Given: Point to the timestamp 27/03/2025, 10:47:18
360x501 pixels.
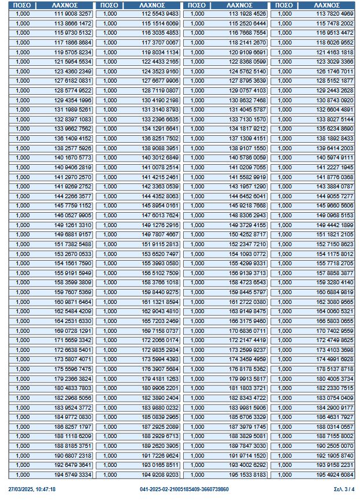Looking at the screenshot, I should coord(32,489).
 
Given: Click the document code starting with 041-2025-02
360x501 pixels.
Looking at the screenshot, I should coord(184,489).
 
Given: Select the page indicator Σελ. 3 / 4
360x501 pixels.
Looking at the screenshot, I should coord(344,489).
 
